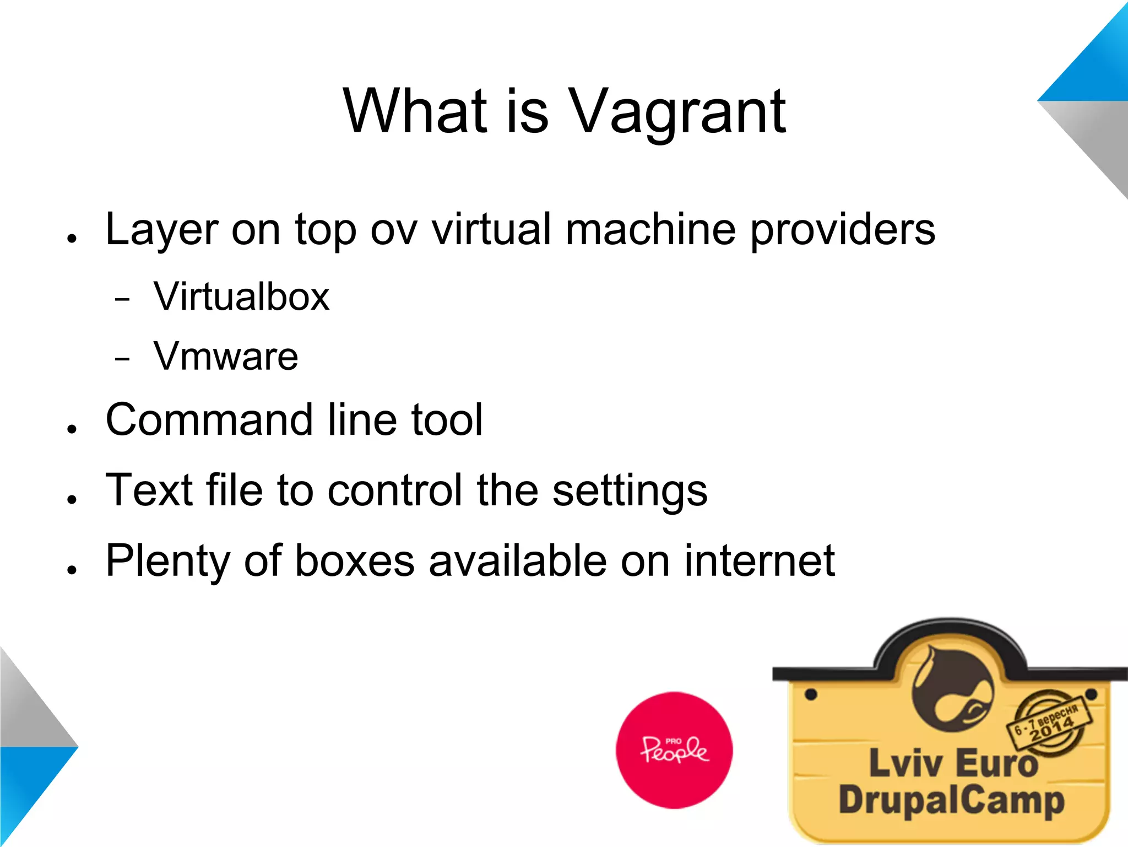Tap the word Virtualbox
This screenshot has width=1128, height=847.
point(241,296)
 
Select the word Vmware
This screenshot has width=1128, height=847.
point(226,356)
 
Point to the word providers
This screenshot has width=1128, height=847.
point(843,230)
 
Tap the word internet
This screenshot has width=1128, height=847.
point(760,561)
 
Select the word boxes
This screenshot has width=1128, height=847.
point(355,561)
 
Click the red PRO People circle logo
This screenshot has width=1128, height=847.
point(674,750)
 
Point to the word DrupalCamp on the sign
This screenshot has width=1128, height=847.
point(951,800)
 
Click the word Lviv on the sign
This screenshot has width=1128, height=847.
point(905,764)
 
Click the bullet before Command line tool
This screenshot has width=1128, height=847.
point(72,429)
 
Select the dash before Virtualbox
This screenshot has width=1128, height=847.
point(122,300)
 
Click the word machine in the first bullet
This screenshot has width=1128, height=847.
point(650,230)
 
